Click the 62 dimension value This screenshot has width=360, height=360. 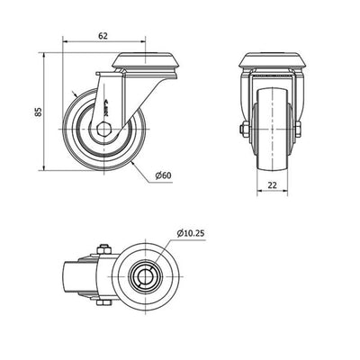tap(103, 36)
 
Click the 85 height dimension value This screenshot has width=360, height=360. tap(38, 112)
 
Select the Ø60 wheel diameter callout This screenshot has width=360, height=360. tap(164, 175)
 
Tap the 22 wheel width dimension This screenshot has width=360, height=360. tap(272, 185)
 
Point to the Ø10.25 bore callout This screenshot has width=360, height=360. tap(191, 233)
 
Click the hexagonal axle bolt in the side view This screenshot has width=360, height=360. tap(103, 129)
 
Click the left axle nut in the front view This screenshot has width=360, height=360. tap(245, 130)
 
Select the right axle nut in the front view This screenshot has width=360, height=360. tap(298, 130)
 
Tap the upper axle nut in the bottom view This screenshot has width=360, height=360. tap(104, 249)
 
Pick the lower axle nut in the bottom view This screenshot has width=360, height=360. tap(104, 302)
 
